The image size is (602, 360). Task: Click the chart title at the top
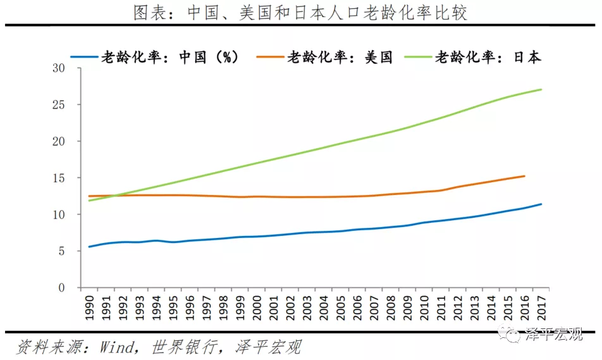pos(300,12)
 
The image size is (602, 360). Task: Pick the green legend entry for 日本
pos(488,57)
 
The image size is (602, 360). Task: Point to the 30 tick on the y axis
pos(59,68)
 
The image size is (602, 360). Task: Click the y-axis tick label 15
pos(59,178)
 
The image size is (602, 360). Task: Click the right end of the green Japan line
pos(541,89)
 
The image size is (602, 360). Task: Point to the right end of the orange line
pos(524,176)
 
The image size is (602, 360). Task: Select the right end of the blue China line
pos(541,204)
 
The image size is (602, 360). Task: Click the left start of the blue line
pos(89,247)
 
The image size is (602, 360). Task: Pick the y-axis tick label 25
pos(59,104)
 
